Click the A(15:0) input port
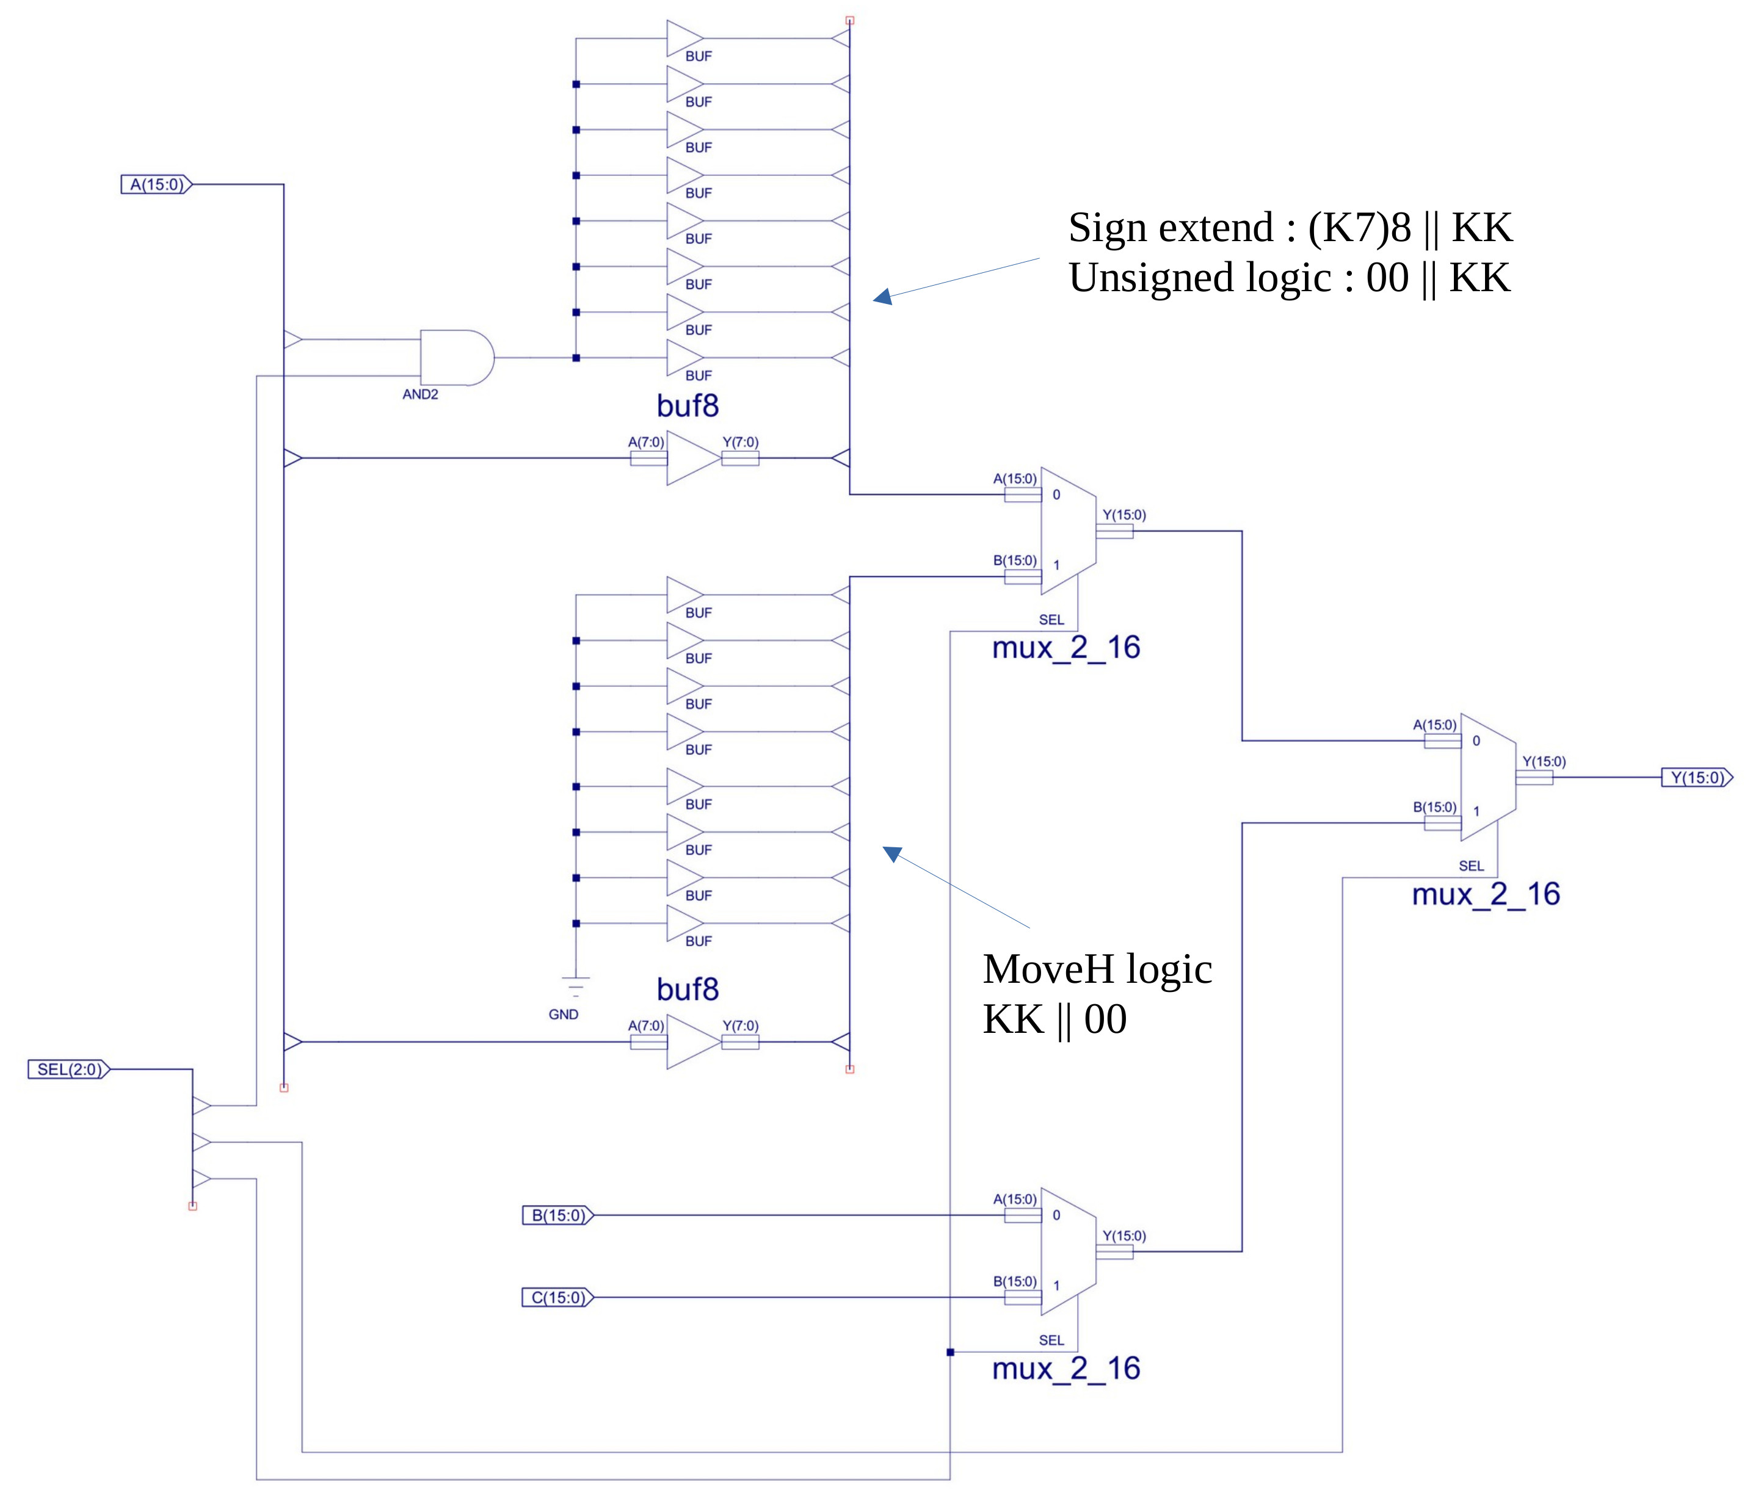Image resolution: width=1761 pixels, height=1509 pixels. [156, 184]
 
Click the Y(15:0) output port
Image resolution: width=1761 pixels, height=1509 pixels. [1696, 778]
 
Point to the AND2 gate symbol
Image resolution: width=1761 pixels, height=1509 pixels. [456, 358]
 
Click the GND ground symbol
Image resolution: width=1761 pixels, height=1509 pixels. [575, 986]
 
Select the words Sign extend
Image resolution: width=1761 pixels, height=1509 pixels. [1171, 228]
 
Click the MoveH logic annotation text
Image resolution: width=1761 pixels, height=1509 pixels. [1097, 969]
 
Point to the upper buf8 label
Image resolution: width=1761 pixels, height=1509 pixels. [688, 406]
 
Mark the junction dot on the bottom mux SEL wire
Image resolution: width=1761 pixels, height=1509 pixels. [950, 1352]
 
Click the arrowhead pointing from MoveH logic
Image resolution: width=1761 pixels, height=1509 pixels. [891, 853]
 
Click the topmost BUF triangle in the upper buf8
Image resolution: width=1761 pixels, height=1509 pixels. [683, 38]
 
